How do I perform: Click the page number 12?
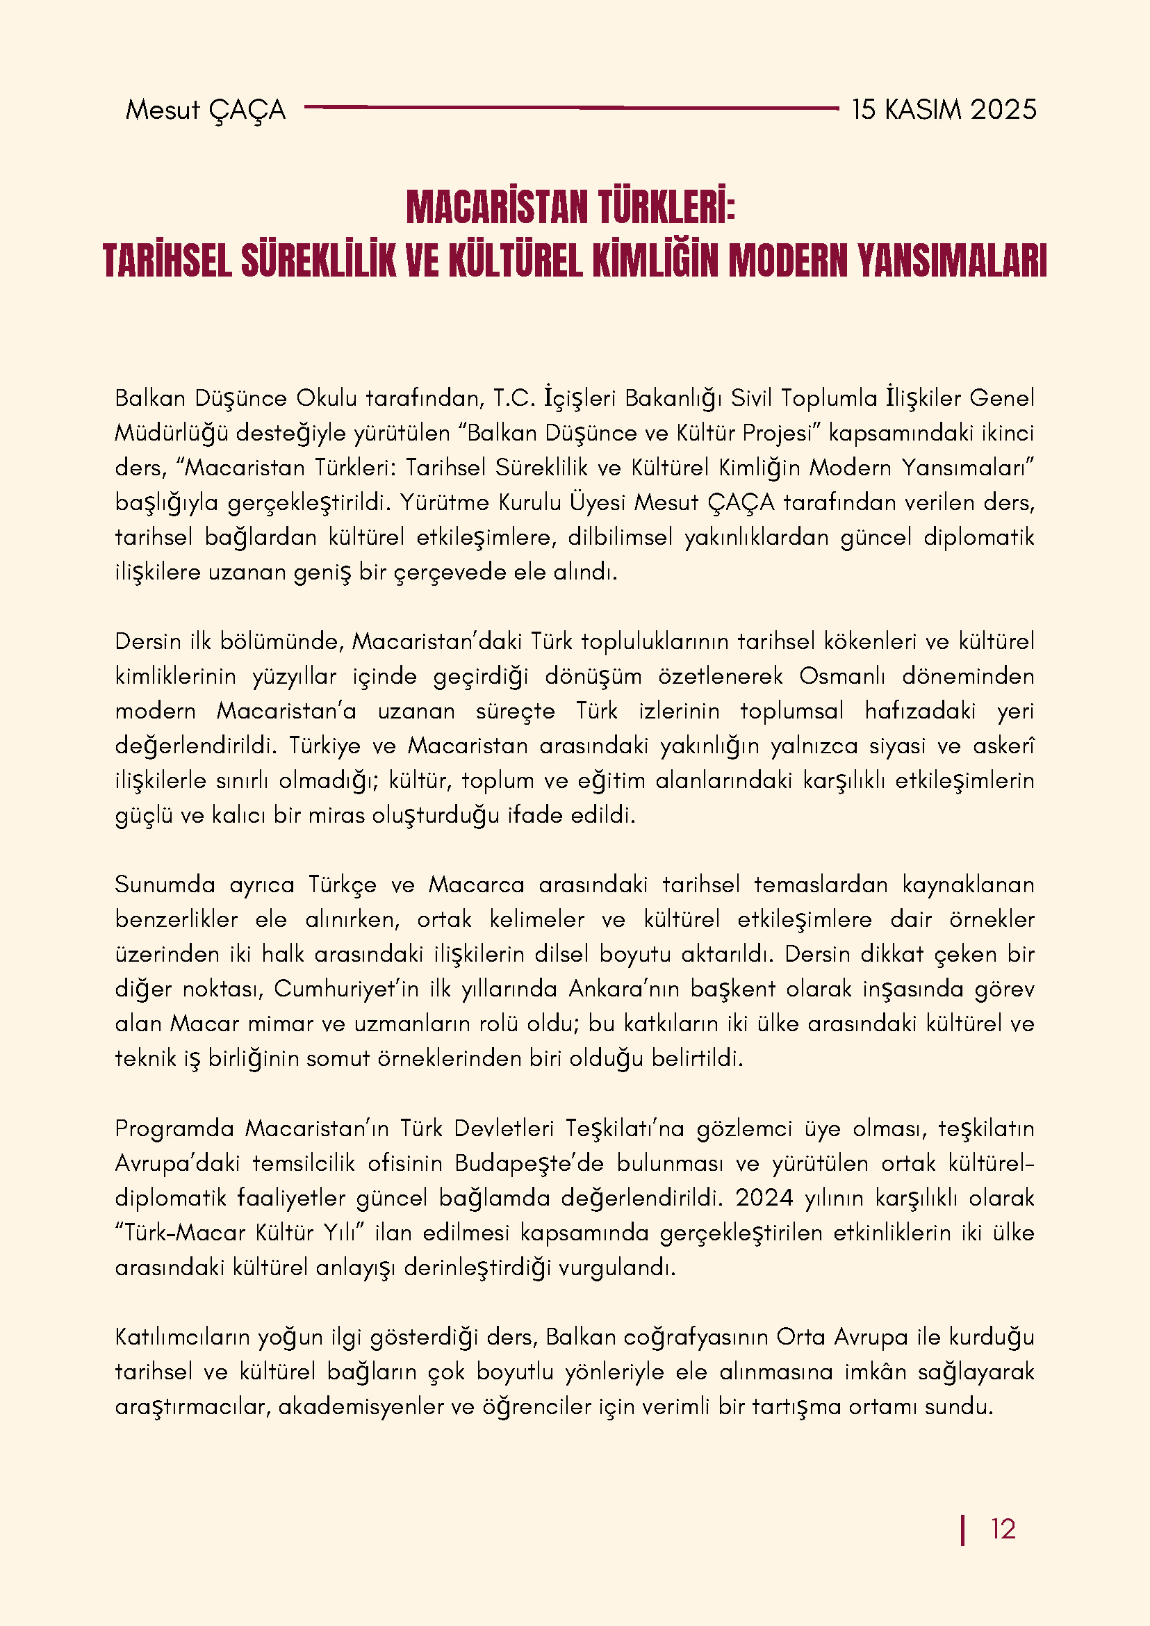(x=1003, y=1529)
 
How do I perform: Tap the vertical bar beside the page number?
(x=962, y=1529)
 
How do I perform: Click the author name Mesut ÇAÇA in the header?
(x=206, y=110)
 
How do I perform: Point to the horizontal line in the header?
(x=570, y=108)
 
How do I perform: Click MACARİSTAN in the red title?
(x=498, y=207)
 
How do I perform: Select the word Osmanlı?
(x=842, y=676)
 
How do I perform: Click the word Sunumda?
(x=165, y=885)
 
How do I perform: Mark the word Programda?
(x=174, y=1128)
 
